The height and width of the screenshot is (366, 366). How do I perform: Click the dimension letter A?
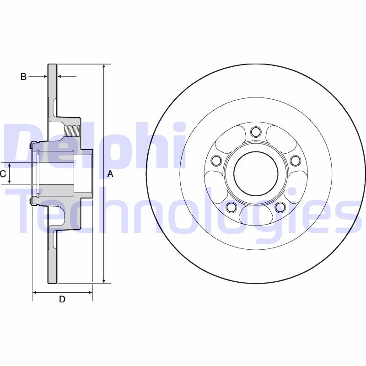coord(110,174)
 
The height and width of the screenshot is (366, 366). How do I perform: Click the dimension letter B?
coord(23,77)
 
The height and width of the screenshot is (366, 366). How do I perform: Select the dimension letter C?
coord(3,173)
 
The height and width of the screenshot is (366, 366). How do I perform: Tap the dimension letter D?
coord(62,300)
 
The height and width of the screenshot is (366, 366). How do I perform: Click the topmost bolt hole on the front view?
coord(256,132)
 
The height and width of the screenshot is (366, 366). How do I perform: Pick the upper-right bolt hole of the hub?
coord(295,160)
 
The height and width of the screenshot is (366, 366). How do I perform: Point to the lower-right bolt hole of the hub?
coord(280,207)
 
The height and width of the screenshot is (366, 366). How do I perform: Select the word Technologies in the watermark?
coord(183,215)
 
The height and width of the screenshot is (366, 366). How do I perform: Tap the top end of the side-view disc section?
coord(53,65)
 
